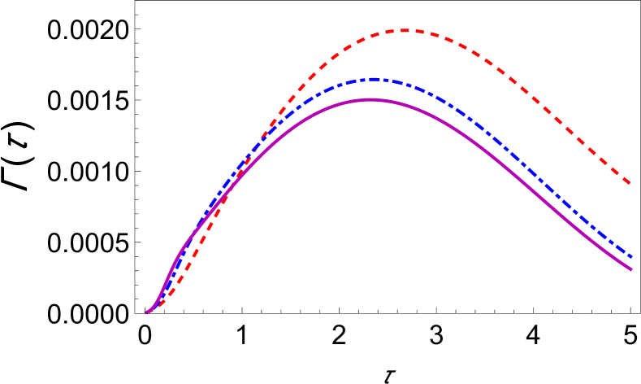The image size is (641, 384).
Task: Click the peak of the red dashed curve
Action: [x=404, y=31]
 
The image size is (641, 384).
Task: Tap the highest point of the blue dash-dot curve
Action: [x=372, y=79]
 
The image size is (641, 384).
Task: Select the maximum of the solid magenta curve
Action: [x=370, y=99]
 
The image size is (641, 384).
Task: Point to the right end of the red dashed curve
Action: [x=631, y=183]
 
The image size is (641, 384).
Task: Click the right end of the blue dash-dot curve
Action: [x=631, y=256]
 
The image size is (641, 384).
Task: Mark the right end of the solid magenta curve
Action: [x=631, y=269]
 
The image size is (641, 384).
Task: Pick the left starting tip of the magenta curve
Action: [x=147, y=312]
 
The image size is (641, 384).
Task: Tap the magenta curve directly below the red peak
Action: [x=404, y=104]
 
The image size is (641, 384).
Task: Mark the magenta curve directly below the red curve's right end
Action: [x=631, y=269]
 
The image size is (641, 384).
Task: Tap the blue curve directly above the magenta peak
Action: [x=370, y=79]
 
